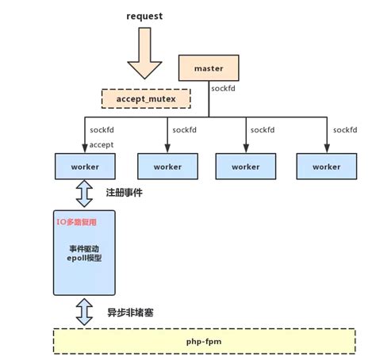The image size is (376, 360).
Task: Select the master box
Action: point(209,68)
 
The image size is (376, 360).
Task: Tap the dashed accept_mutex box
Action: point(146,99)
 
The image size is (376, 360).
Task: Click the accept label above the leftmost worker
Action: point(102,144)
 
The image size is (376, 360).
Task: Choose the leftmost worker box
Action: point(84,167)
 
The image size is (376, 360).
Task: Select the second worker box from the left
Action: point(167,167)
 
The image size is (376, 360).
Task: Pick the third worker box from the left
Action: point(245,167)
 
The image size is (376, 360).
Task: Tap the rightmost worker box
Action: point(325,167)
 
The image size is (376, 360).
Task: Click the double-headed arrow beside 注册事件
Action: point(84,193)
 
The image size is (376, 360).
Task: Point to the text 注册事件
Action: point(124,193)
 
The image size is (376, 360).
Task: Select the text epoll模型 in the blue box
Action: point(84,259)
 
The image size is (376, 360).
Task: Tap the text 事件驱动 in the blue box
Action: point(84,248)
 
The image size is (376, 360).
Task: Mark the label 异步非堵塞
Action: point(129,312)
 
